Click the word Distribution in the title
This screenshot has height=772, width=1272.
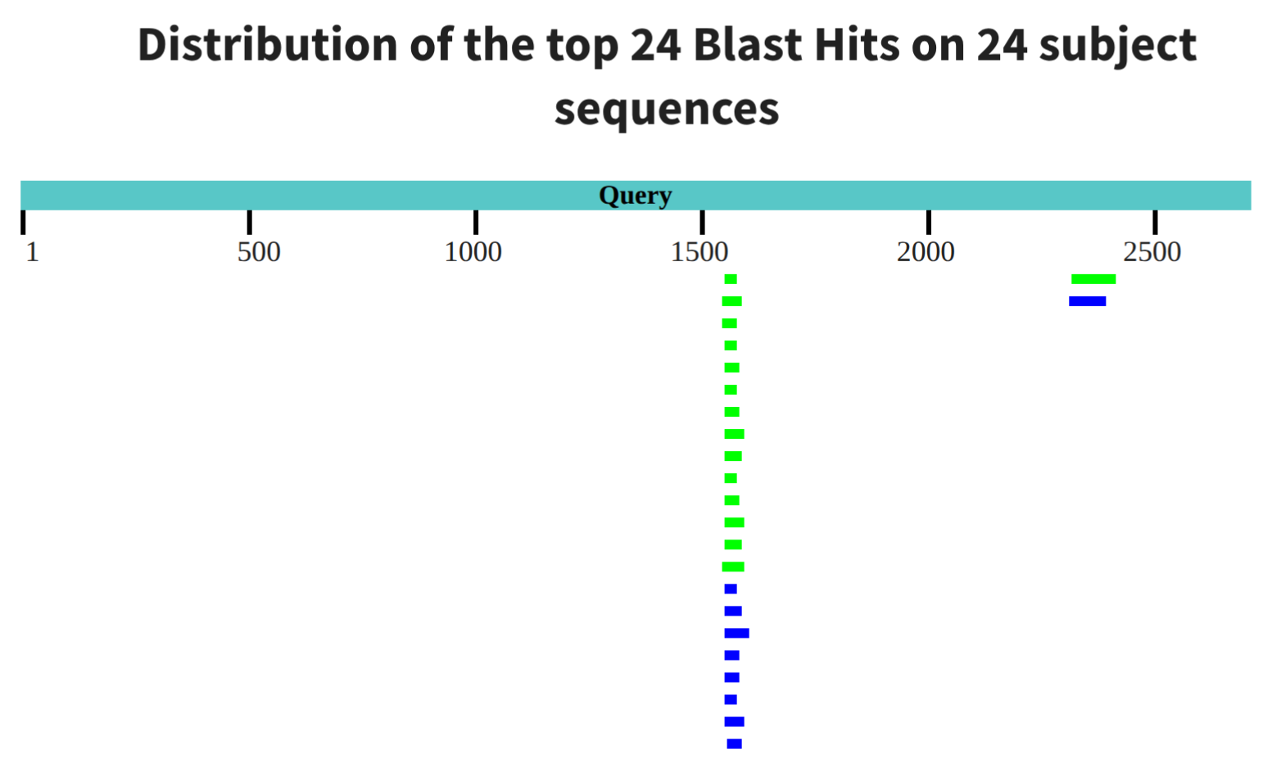click(x=268, y=45)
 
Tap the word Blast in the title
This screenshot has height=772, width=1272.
click(x=747, y=45)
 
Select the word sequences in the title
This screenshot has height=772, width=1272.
click(x=667, y=109)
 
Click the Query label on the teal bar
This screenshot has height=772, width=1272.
click(x=636, y=196)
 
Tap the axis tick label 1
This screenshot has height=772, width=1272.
click(x=33, y=252)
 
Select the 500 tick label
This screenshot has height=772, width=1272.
click(x=259, y=252)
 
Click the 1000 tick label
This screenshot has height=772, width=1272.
click(x=473, y=252)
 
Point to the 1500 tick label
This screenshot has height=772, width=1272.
click(x=699, y=252)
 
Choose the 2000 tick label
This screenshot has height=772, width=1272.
click(x=926, y=252)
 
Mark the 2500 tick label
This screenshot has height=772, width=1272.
click(x=1152, y=252)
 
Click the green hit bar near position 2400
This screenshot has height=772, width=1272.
click(x=1093, y=279)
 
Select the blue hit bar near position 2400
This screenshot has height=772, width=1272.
click(x=1088, y=301)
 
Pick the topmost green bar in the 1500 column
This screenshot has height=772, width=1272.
click(x=731, y=279)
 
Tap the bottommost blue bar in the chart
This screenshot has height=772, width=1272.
click(x=734, y=743)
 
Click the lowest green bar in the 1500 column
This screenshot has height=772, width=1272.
click(x=733, y=567)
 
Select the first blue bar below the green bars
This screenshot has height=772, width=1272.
click(x=731, y=589)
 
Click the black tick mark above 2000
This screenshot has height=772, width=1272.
click(x=929, y=222)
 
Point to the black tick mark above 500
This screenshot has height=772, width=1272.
click(x=249, y=222)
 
